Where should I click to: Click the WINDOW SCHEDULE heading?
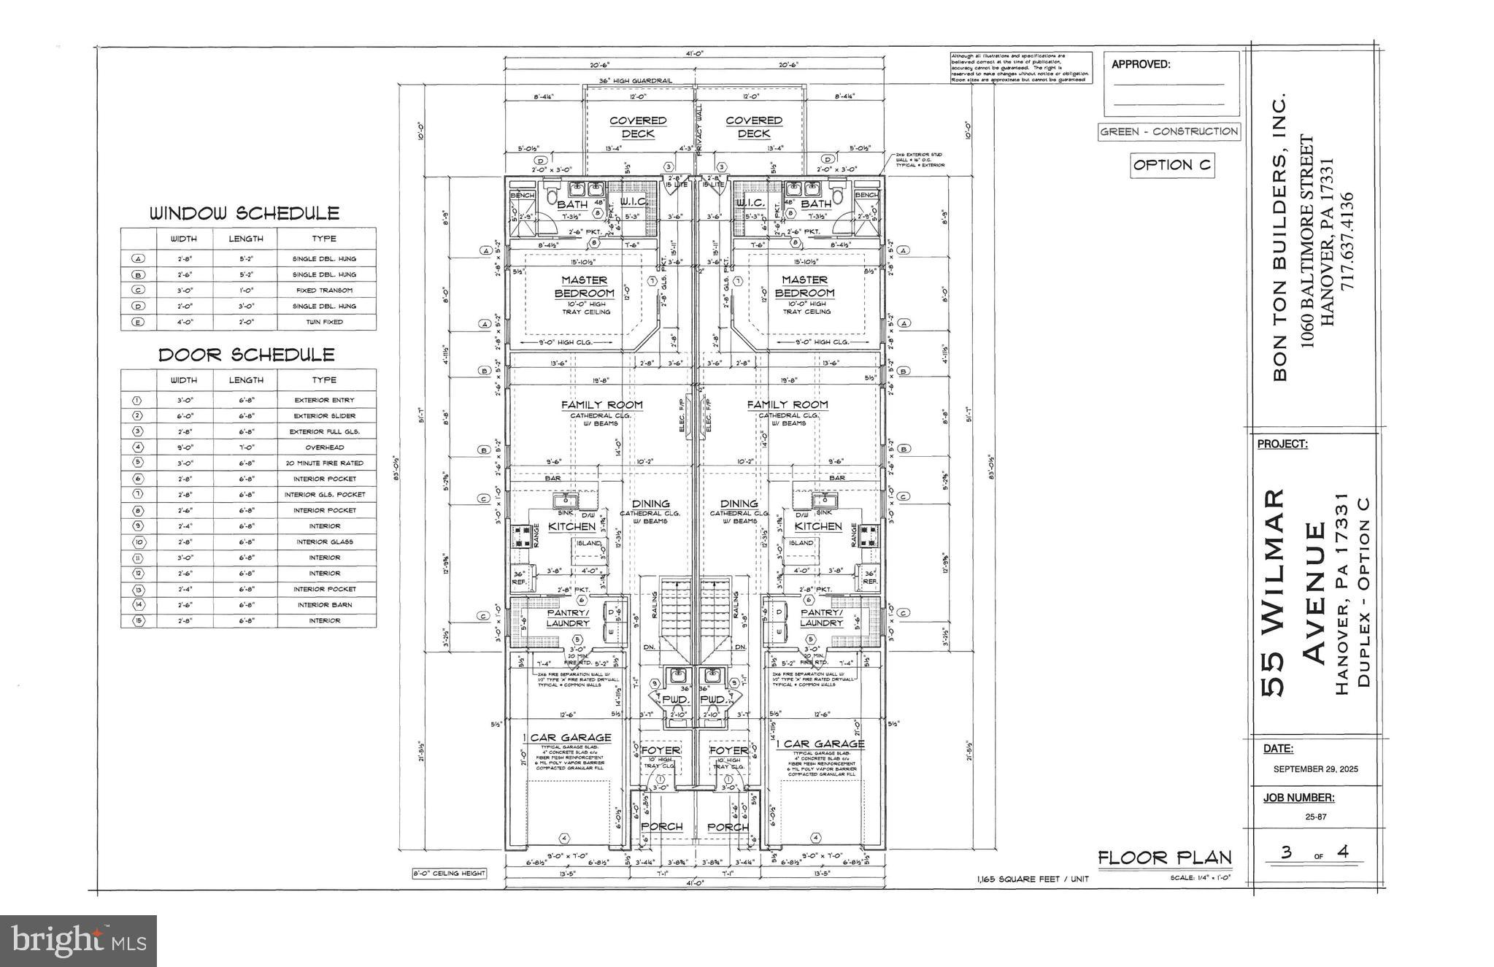click(x=244, y=214)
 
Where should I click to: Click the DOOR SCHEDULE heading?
click(x=247, y=355)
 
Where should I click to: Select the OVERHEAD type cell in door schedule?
click(x=324, y=447)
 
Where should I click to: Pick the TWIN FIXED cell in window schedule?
click(x=324, y=322)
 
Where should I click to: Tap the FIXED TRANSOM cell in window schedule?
click(x=324, y=290)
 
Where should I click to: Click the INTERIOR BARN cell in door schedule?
click(x=324, y=605)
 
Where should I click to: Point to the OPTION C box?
click(x=1172, y=166)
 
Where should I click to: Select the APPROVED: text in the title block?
click(x=1140, y=64)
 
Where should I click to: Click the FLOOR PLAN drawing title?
click(x=1164, y=858)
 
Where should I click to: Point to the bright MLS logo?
click(x=78, y=941)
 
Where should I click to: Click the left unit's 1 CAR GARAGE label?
click(x=566, y=737)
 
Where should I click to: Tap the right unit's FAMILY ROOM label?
click(x=787, y=404)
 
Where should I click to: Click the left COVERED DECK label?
click(x=638, y=127)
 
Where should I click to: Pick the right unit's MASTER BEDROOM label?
click(x=804, y=286)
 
